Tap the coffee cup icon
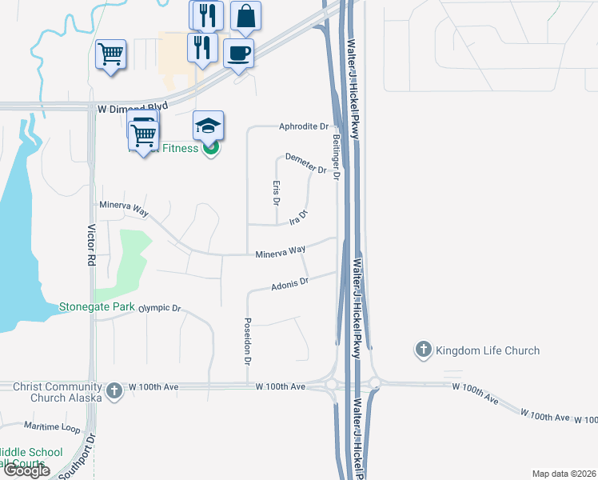(x=238, y=54)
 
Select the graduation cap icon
(x=208, y=126)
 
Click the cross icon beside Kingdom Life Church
(x=423, y=350)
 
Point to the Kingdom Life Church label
(x=488, y=350)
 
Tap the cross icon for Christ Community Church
(x=114, y=390)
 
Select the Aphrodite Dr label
(x=304, y=126)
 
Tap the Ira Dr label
(x=297, y=218)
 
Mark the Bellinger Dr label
(x=337, y=156)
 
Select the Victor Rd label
(x=90, y=245)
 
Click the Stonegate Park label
(x=97, y=306)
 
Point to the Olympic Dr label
(x=160, y=308)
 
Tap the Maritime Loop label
(x=52, y=426)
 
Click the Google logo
(x=27, y=470)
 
